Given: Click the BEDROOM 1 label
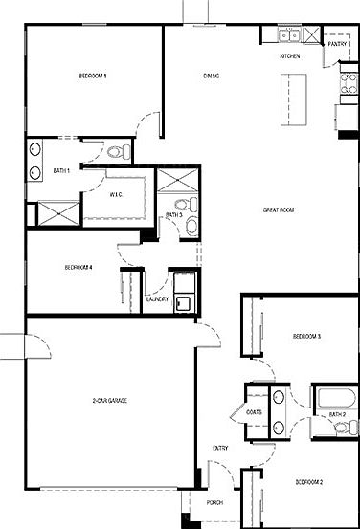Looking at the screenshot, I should (x=92, y=76).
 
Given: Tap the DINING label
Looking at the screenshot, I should (x=213, y=76).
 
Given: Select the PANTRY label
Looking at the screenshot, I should (x=337, y=44).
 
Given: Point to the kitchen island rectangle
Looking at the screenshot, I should (x=284, y=99).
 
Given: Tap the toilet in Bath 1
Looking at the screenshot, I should (x=118, y=151).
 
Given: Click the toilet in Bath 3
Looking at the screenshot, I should (x=191, y=226).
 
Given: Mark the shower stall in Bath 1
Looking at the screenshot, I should (x=56, y=212).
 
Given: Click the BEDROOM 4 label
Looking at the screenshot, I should (x=79, y=267).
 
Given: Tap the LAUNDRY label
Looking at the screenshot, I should (x=158, y=299).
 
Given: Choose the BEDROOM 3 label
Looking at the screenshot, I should (x=306, y=337).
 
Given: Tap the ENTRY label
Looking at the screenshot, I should (x=219, y=448).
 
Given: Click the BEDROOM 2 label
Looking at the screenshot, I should (x=309, y=481).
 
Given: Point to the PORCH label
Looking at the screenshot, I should (x=214, y=502).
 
